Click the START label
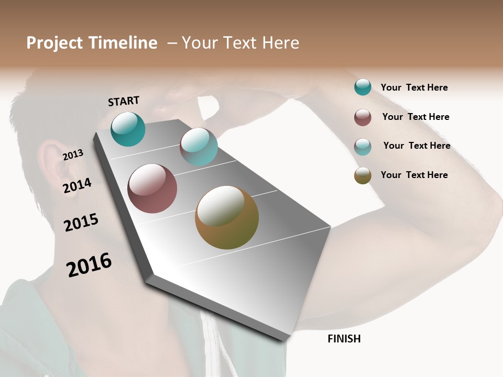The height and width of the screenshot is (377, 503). [124, 101]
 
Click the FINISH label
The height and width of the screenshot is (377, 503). [344, 339]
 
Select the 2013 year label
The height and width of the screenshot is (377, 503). [73, 154]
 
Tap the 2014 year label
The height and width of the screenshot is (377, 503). [77, 185]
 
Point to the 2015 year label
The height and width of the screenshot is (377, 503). [81, 223]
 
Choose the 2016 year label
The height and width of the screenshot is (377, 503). [89, 264]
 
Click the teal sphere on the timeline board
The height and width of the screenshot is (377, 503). [128, 129]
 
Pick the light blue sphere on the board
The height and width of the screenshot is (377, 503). [199, 147]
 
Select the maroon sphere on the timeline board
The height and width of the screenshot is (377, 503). [152, 188]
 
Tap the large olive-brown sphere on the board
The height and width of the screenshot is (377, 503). [227, 217]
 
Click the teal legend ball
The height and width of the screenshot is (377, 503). [363, 87]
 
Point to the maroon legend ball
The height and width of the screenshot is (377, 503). [363, 117]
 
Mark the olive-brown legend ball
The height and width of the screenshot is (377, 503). [363, 175]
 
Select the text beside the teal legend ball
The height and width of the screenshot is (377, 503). [414, 87]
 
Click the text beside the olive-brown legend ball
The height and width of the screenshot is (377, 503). [414, 175]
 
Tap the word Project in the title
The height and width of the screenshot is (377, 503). [54, 43]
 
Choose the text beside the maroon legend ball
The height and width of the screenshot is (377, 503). [415, 117]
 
